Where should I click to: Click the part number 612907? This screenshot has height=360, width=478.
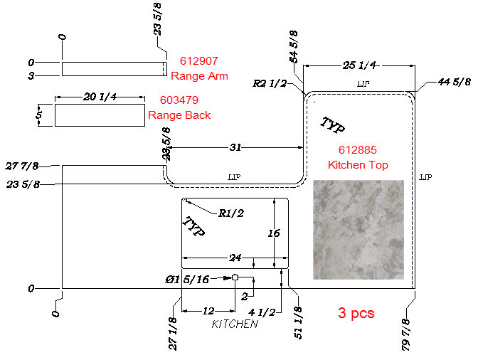tap(198, 61)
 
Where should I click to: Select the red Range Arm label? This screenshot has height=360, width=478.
tap(199, 76)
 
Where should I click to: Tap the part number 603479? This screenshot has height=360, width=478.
tap(179, 100)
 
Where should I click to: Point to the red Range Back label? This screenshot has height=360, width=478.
tap(179, 115)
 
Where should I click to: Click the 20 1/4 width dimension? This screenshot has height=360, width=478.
tap(100, 97)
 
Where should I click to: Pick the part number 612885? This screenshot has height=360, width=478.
tap(358, 149)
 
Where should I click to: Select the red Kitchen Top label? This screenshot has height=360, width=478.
tap(358, 165)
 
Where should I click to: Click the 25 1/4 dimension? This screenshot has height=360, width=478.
tap(359, 65)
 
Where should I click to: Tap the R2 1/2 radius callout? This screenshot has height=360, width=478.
tap(270, 83)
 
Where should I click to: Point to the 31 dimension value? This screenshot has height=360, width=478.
tap(235, 147)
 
